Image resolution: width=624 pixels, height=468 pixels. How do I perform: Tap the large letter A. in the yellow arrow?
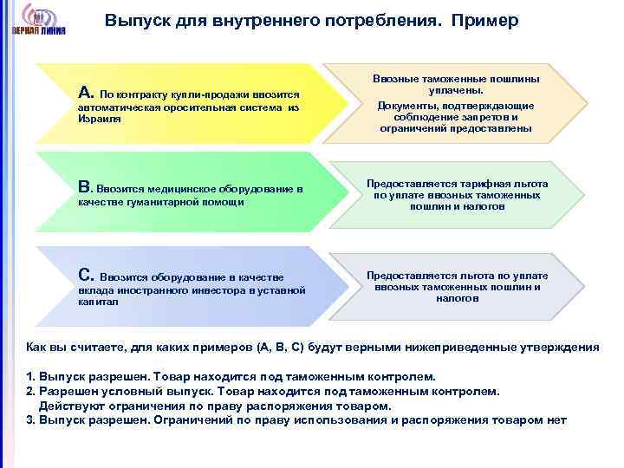86,92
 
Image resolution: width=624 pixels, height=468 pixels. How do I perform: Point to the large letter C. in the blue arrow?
86,275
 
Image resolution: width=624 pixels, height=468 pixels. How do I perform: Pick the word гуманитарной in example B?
152,202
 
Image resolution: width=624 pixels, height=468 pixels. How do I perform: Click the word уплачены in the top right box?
456,90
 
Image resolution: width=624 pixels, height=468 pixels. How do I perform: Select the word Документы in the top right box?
408,106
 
